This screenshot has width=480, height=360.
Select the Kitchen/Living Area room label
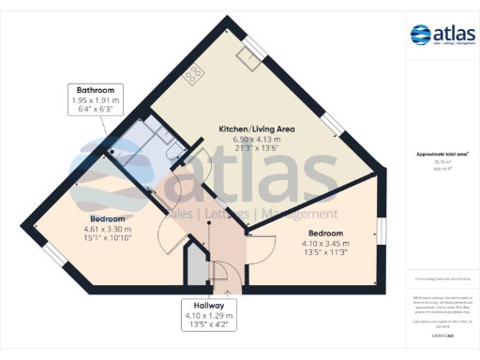click(x=256, y=127)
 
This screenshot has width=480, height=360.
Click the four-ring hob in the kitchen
click(x=194, y=75)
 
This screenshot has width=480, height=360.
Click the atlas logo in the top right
click(x=442, y=37)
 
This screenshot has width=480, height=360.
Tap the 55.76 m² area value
click(x=441, y=161)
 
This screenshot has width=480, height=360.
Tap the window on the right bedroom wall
click(x=381, y=231)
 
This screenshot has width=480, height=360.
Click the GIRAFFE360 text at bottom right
click(x=442, y=335)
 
